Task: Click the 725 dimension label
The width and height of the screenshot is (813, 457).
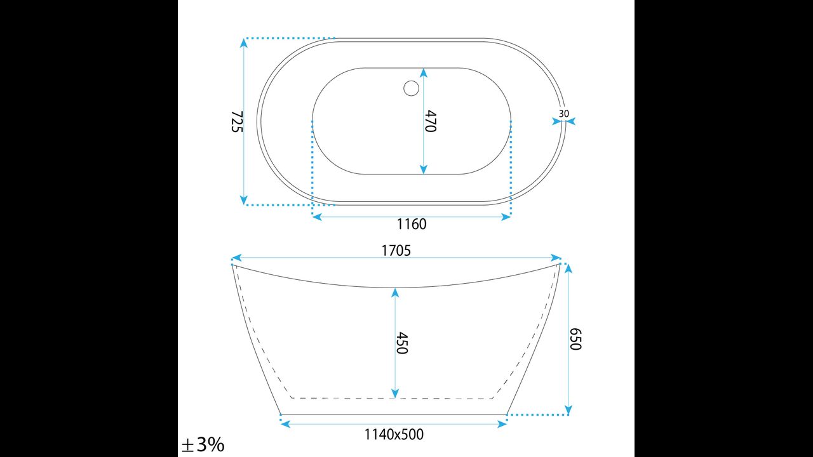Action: point(237,121)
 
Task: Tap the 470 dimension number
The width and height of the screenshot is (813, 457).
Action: point(430,121)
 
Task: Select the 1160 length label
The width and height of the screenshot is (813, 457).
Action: point(412,224)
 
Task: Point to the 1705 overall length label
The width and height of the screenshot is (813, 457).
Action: point(396,251)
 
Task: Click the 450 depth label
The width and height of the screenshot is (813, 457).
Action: point(402,343)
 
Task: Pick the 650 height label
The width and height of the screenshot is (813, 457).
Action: point(575,339)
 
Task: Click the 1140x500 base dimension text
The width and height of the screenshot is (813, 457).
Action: point(394,434)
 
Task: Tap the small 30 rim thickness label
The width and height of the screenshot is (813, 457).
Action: point(563,114)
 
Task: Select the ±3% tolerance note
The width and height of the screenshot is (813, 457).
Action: point(203,444)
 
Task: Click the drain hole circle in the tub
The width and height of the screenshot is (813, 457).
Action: point(411,88)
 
